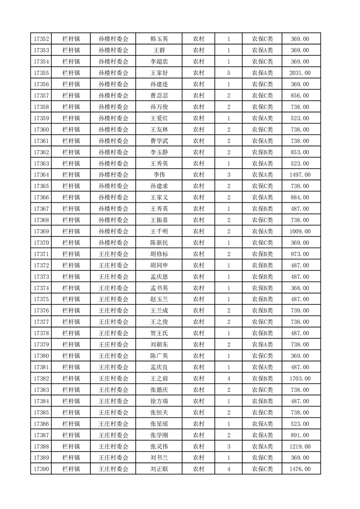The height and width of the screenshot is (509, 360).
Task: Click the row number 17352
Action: coord(41,39)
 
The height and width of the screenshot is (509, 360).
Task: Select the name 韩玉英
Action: coord(159,39)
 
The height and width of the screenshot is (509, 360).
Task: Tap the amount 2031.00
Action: coord(300,73)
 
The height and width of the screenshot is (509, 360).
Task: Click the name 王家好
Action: coord(159,73)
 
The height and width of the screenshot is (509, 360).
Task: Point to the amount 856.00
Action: coord(300,96)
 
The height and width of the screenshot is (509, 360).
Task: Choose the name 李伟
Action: coord(159,175)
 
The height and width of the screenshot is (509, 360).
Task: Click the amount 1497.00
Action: coord(300,175)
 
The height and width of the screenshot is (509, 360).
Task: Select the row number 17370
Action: coord(41,243)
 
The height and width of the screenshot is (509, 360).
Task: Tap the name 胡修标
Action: coord(159,254)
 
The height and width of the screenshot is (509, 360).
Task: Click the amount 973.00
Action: coord(300,254)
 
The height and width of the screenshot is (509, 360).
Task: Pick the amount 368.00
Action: coord(300,288)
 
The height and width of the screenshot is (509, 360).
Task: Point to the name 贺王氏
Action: coord(159,333)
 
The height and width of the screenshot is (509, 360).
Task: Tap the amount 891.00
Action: coord(300,435)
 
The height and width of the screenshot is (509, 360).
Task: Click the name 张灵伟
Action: coord(159,446)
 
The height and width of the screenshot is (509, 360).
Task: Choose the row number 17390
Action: coord(41,469)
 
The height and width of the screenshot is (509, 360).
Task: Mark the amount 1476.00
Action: coord(300,469)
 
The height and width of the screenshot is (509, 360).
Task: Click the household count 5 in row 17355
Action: coord(228,73)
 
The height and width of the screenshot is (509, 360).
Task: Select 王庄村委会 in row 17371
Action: coord(113,254)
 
